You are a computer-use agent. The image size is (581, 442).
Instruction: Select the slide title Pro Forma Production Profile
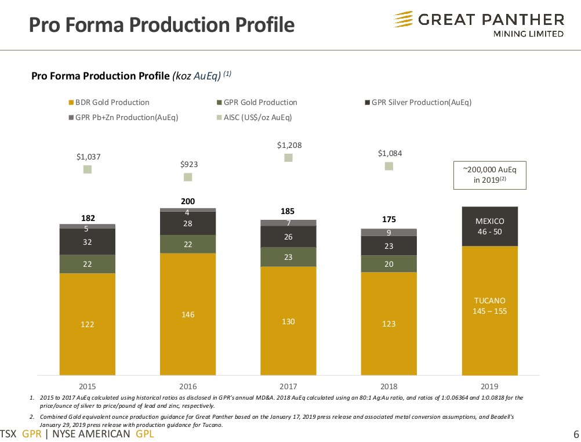tap(162, 25)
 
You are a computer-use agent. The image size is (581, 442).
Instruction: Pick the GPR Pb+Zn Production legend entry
tap(123, 117)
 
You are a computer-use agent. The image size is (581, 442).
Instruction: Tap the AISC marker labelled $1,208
tap(288, 158)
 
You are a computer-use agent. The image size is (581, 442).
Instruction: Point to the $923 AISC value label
tap(188, 165)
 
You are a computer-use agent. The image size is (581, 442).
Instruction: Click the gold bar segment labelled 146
tap(188, 314)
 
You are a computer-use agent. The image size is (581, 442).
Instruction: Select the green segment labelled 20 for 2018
tap(388, 264)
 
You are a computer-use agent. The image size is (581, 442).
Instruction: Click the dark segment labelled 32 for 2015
tap(88, 242)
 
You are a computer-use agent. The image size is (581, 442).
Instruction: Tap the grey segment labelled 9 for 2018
tap(388, 233)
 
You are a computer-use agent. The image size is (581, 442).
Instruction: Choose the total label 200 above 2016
tap(188, 201)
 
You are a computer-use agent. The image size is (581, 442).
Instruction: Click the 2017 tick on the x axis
tap(288, 385)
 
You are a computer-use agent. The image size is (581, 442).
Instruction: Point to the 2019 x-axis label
tap(489, 385)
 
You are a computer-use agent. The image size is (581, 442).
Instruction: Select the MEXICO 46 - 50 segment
tap(489, 226)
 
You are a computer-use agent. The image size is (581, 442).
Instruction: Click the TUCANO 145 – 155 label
tap(489, 306)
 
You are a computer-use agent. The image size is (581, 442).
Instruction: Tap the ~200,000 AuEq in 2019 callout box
tap(489, 175)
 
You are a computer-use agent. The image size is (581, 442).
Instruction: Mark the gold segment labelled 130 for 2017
tap(288, 321)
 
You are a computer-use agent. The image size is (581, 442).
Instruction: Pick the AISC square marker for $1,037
tap(88, 169)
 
